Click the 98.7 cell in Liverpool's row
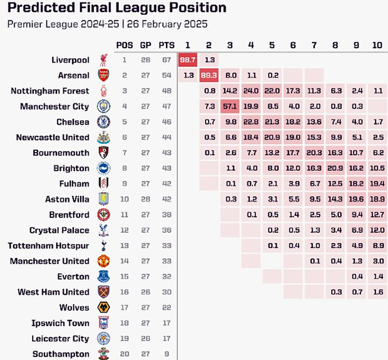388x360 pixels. coord(188,60)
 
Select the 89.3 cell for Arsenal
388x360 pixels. coord(209,76)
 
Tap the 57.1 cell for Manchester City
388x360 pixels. coord(230,106)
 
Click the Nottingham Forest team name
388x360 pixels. coord(50,91)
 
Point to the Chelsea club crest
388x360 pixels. coord(103,122)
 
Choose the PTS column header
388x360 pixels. coord(167,45)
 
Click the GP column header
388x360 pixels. coord(146,45)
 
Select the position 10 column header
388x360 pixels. coord(377,45)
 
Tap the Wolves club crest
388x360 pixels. coord(103,307)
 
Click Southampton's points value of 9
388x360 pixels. coord(167,354)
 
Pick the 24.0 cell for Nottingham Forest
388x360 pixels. coord(251,91)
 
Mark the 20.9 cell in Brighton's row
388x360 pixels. coord(335,168)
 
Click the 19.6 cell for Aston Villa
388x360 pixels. coord(356,199)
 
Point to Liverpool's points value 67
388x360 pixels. coord(167,60)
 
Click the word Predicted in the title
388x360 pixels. coord(44,9)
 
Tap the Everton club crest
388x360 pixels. coord(103,277)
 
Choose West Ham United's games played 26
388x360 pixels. coord(146,292)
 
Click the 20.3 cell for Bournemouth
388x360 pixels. coord(314,153)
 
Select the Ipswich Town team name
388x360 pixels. coord(61,323)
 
